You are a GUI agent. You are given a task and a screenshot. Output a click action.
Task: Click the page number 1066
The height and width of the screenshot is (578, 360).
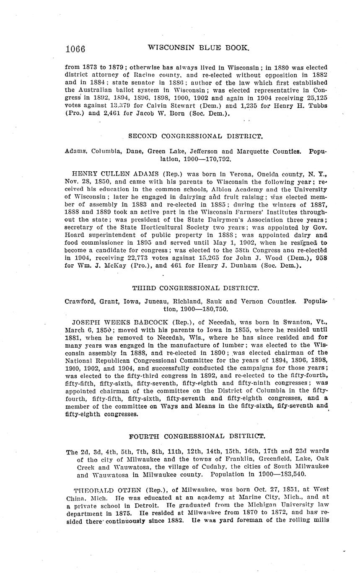(x=75, y=49)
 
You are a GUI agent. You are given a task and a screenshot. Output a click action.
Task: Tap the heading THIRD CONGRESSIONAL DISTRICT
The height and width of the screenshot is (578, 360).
(x=195, y=288)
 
